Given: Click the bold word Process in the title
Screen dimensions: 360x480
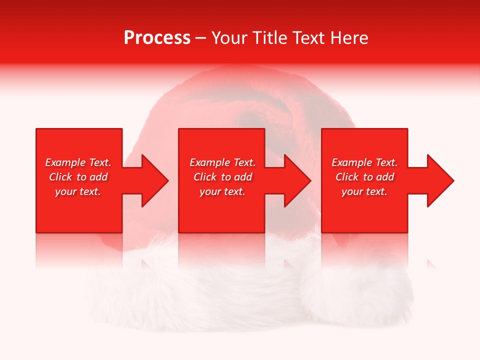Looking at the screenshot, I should pos(157,38).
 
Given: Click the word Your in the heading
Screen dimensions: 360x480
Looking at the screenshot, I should pos(230,38).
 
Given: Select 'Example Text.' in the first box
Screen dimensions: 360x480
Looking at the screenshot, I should pos(78,162).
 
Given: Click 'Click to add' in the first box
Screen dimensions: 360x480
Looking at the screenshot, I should pos(78,177).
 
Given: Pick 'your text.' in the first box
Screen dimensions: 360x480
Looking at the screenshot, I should pos(78,191).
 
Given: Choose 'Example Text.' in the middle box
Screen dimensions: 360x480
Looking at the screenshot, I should pos(222,162).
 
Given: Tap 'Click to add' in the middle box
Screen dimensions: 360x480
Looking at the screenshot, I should pos(222,177).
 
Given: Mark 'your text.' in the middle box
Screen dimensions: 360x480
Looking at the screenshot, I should pos(222,191).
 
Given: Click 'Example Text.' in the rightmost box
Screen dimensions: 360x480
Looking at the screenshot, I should pos(364,162).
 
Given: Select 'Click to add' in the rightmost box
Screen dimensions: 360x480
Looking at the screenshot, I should pos(364,177).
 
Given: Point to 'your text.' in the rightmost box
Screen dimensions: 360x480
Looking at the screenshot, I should pos(364,191).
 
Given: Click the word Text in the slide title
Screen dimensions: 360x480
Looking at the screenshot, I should pos(309,38).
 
